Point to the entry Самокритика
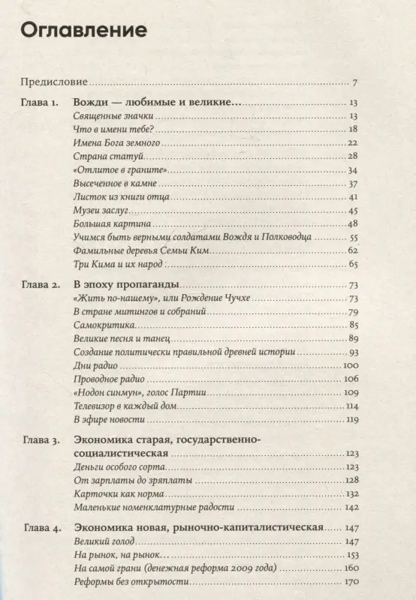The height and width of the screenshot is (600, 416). click(x=104, y=325)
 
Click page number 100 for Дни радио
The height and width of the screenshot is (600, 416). click(x=350, y=365)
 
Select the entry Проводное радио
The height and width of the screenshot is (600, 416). click(x=108, y=379)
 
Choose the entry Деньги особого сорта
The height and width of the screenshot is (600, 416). click(x=117, y=466)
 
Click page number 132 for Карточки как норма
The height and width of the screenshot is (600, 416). click(x=350, y=493)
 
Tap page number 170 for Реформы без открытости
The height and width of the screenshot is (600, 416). click(x=350, y=582)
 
